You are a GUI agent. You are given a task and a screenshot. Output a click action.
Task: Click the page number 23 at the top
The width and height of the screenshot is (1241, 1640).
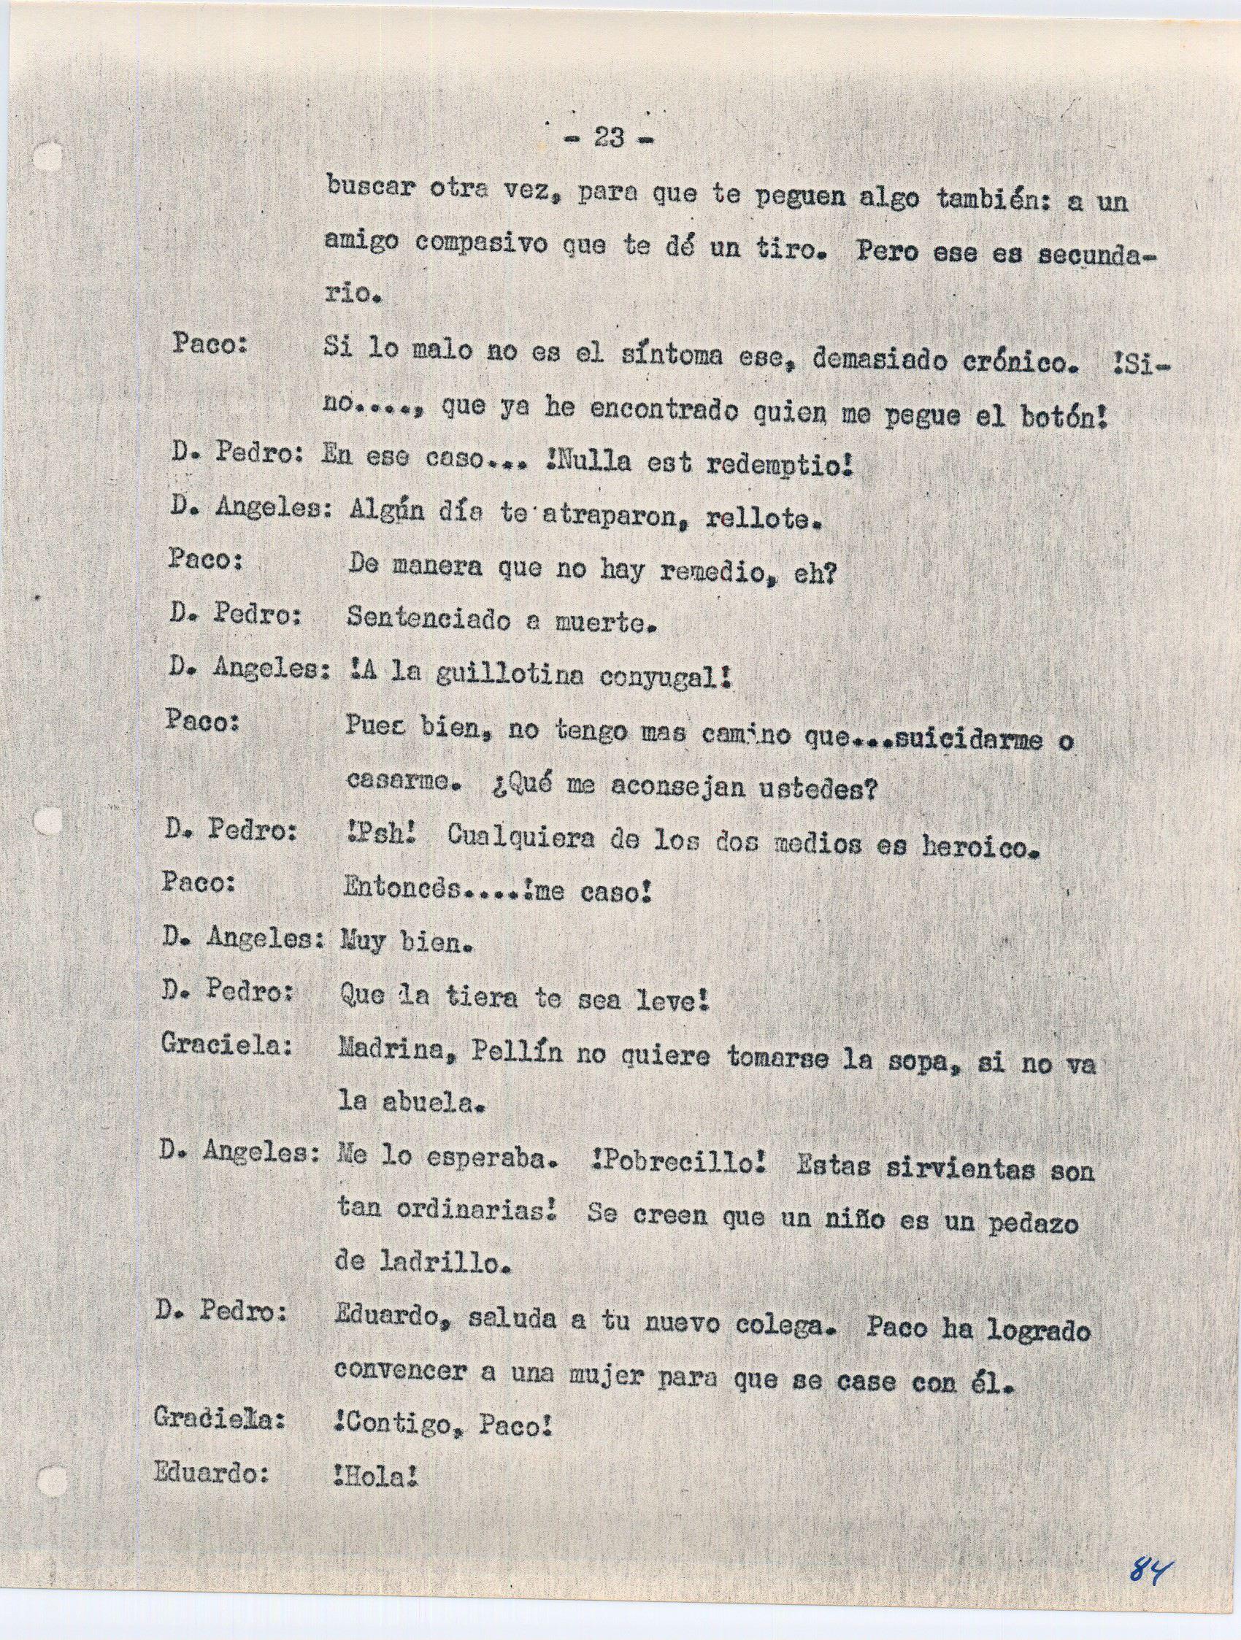(x=607, y=138)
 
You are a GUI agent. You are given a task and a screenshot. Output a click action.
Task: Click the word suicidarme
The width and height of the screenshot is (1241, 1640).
(x=950, y=741)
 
